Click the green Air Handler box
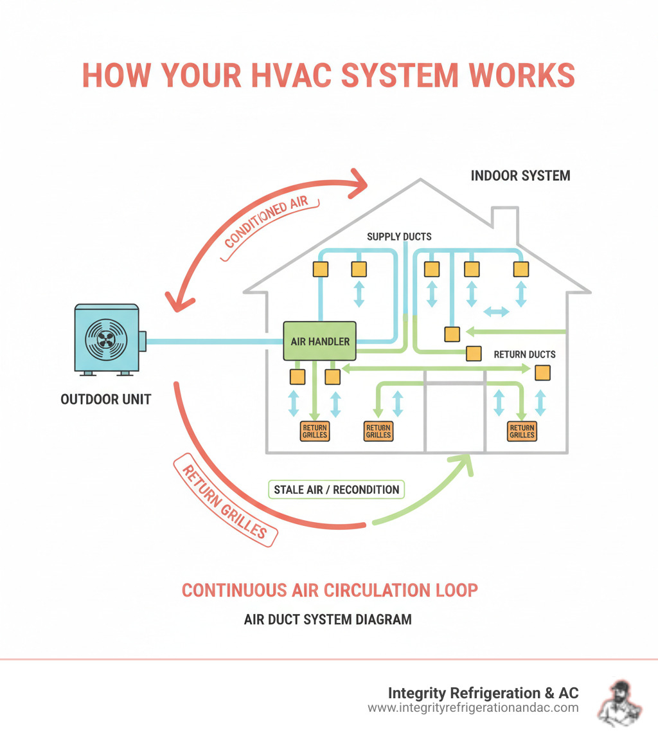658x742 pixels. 320,341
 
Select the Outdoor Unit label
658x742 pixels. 106,399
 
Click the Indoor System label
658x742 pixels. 520,176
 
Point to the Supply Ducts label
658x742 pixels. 399,237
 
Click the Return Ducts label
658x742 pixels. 524,354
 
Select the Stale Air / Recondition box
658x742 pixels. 336,489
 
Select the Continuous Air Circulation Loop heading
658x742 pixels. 330,590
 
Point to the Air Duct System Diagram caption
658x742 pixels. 328,620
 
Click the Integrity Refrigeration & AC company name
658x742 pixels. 483,693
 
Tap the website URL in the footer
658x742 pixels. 473,708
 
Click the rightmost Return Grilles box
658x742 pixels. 521,431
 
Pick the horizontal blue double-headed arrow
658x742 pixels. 496,312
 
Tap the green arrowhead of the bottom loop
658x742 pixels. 467,459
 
